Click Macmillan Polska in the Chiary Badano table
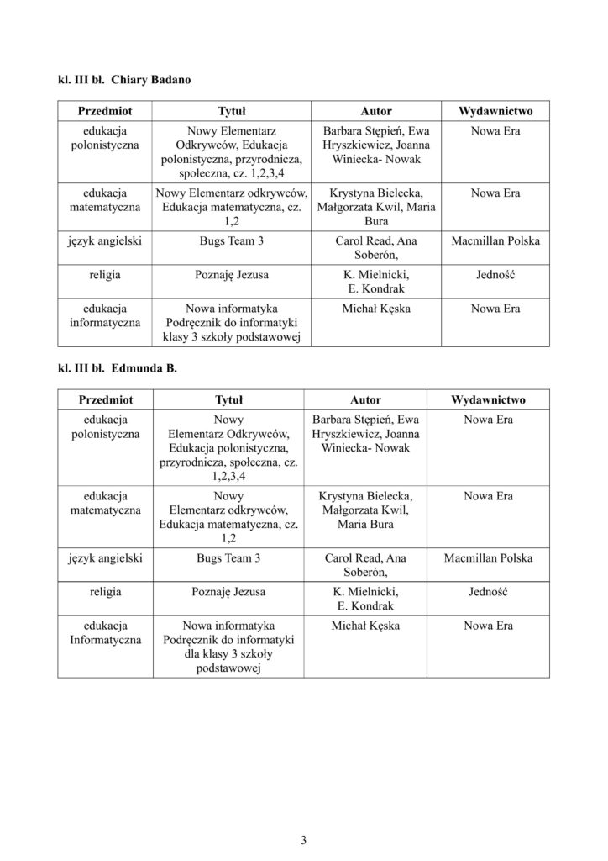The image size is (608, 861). click(x=495, y=241)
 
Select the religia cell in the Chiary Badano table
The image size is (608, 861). click(x=105, y=274)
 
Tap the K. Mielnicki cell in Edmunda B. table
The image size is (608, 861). click(x=365, y=598)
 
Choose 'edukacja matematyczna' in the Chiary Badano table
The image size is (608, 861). click(x=105, y=200)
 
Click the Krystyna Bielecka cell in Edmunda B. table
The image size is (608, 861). click(x=365, y=510)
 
